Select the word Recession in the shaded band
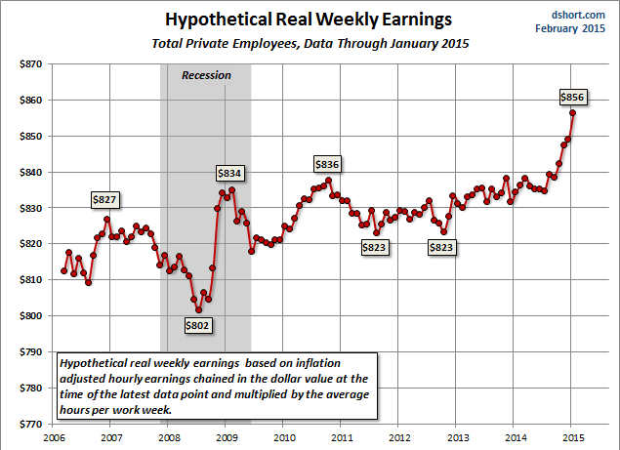[206, 75]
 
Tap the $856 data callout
[573, 97]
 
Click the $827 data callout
[104, 199]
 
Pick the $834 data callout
[229, 173]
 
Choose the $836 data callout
[327, 163]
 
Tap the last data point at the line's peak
[572, 113]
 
